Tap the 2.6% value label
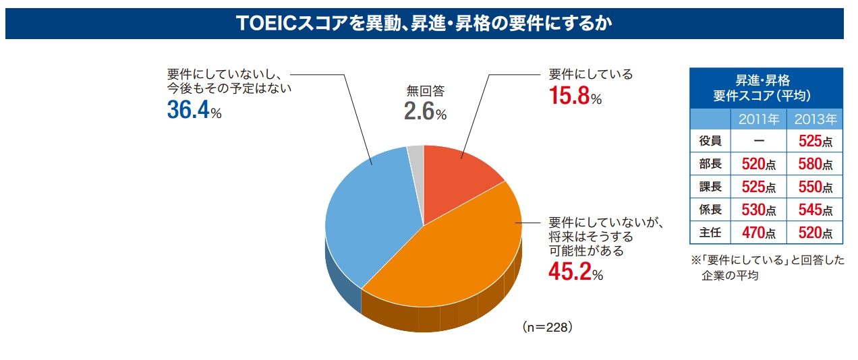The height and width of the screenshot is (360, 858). [425, 112]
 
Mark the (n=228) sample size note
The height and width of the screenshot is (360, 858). [547, 327]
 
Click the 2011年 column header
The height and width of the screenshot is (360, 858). [759, 120]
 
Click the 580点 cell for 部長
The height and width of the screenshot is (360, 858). [815, 164]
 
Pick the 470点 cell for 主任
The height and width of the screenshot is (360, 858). [759, 233]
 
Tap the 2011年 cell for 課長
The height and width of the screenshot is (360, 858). [759, 187]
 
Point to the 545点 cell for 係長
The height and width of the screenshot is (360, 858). [815, 210]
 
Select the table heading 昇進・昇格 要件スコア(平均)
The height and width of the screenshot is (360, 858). [766, 88]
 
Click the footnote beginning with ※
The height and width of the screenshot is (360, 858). [766, 267]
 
